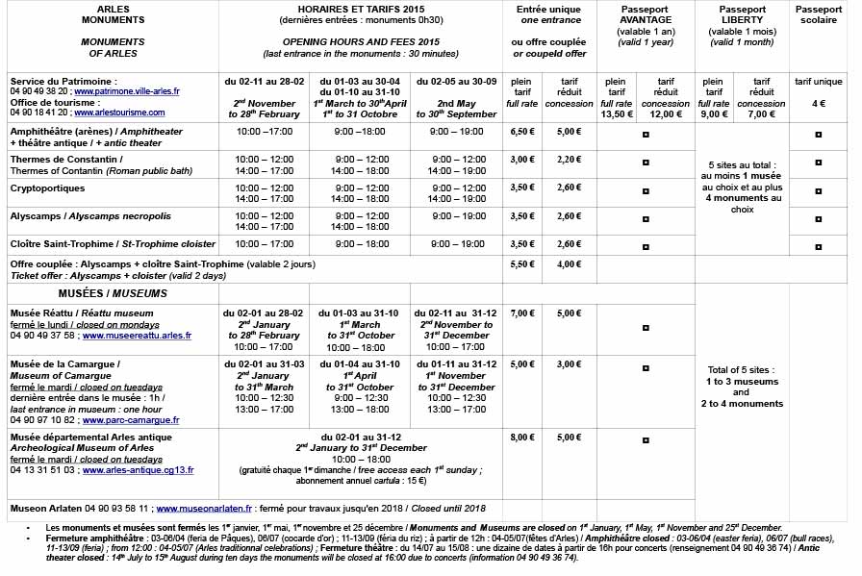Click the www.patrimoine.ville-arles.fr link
point(134,92)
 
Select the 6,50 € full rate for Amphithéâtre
point(522,132)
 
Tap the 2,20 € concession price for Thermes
point(569,160)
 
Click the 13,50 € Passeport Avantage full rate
point(617,113)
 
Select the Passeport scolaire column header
point(819,13)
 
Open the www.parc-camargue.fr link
point(136,420)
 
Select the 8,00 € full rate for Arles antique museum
point(522,438)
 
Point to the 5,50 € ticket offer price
point(522,263)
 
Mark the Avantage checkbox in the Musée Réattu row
point(645,313)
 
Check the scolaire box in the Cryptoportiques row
point(818,188)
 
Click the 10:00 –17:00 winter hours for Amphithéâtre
point(264,132)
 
